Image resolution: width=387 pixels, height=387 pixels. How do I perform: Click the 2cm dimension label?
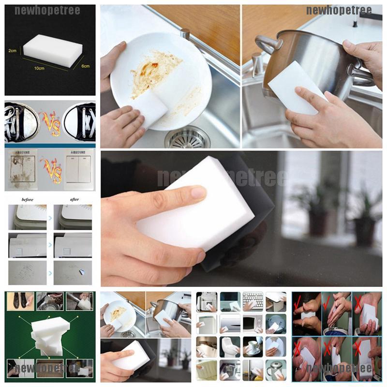12,50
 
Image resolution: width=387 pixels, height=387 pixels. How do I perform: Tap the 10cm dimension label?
39,68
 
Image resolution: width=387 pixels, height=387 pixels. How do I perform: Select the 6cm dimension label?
85,66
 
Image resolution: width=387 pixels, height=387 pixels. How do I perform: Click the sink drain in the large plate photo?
187,137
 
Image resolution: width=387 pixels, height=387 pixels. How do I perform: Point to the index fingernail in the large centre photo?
198,193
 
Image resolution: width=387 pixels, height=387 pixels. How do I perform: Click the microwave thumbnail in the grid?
252,323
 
